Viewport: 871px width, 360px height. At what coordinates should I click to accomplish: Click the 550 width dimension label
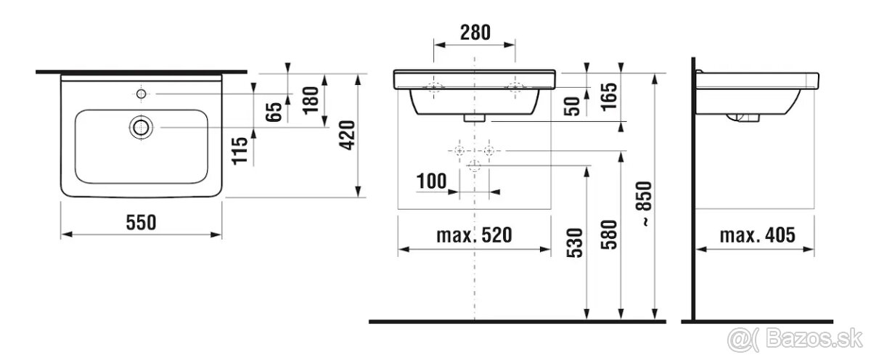point(141,222)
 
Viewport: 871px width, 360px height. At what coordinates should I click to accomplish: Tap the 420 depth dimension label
point(347,135)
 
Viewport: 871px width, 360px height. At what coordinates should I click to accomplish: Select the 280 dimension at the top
point(475,32)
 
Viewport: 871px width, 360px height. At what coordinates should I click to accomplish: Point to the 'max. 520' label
point(475,235)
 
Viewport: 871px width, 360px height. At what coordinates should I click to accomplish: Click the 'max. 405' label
point(758,235)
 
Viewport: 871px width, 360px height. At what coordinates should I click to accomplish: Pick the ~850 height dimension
point(644,204)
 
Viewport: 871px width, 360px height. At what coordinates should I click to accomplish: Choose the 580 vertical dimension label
point(609,234)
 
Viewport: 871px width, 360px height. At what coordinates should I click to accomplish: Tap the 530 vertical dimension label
point(575,243)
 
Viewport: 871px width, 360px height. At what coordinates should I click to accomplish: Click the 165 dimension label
point(609,97)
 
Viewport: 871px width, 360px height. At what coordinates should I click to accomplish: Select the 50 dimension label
point(572,107)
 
